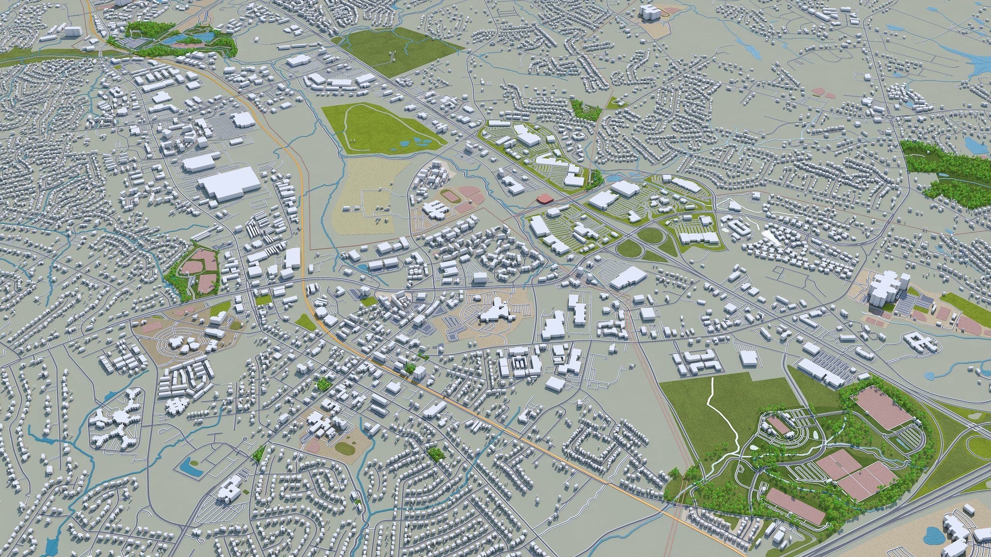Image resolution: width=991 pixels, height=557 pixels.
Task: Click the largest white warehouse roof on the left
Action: click(229, 186)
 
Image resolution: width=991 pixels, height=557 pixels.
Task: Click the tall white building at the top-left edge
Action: click(71, 32)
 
